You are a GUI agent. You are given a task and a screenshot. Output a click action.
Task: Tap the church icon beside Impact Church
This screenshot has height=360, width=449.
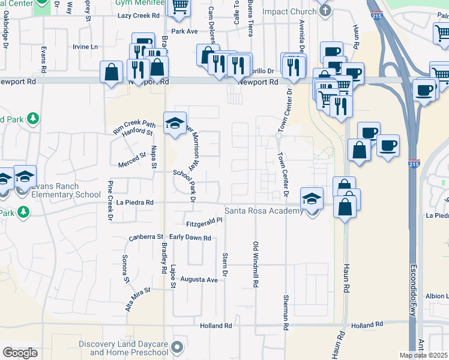pos(325,11)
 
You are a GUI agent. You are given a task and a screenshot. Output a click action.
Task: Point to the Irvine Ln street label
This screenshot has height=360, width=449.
pos(85,47)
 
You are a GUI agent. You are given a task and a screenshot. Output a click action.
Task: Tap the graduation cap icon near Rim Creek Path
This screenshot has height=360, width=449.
pos(175,124)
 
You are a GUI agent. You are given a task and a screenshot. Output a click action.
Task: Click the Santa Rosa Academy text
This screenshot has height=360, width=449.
pos(264,211)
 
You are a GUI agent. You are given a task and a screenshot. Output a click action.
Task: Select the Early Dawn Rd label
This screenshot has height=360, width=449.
pos(190,238)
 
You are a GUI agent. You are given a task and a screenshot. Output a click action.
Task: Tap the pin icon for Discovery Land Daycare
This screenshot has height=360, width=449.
pos(177,347)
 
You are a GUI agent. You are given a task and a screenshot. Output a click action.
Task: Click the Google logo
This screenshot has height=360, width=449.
pos(20,353)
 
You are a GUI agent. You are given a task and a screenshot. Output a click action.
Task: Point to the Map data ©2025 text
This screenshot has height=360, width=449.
pos(424,355)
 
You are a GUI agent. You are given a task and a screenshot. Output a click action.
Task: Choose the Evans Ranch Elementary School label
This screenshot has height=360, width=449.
pos(66,190)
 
